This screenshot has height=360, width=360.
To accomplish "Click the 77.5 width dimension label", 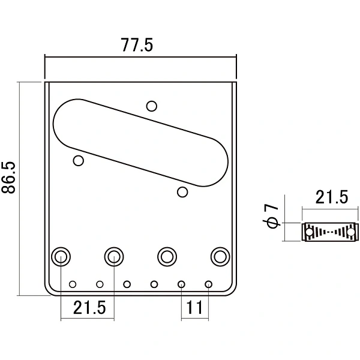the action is tap(137, 45).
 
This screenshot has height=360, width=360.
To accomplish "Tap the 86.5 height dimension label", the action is tap(8, 178).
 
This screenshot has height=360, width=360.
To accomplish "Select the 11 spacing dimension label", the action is tap(194, 307).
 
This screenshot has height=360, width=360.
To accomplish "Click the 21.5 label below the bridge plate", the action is tap(89, 307).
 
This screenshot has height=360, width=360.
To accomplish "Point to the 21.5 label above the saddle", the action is tap(332, 197).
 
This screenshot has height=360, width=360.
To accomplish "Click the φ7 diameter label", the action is tap(271, 216).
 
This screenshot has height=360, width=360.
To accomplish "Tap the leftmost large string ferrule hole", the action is tap(61, 256).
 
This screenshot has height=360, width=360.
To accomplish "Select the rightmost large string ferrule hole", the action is tap(220, 256).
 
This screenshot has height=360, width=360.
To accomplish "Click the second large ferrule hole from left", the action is tap(114, 256).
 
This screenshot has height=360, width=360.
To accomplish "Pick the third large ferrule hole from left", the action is tap(167, 256).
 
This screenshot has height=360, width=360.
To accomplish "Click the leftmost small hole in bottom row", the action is tap(73, 284).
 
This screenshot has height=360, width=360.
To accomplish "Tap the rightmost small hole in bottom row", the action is tap(208, 284).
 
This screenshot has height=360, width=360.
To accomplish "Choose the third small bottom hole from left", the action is tap(127, 284).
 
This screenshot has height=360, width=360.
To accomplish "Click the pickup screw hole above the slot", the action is tap(152, 106).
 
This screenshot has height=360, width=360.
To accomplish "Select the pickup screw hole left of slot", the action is tap(78, 160).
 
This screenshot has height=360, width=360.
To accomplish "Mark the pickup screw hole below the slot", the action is tap(182, 192).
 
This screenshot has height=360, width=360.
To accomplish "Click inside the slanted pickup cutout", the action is tap(140, 143).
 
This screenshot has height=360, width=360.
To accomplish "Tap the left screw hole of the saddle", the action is tap(309, 232).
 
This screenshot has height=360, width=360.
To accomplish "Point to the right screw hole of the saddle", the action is tap(351, 232).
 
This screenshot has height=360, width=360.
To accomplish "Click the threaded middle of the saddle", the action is tap(330, 232).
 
